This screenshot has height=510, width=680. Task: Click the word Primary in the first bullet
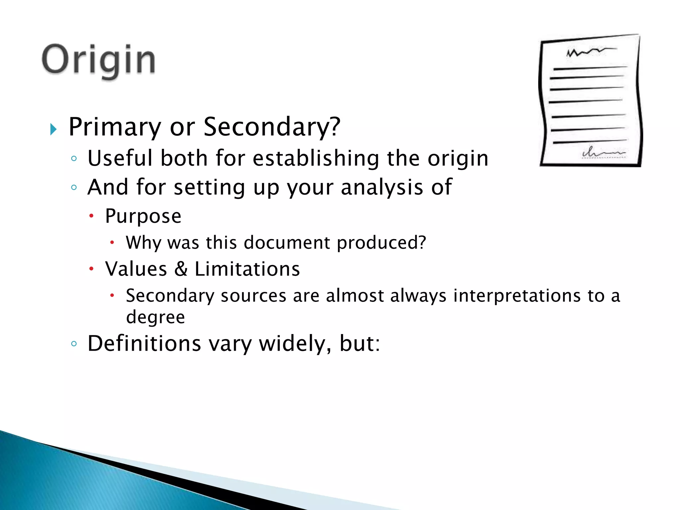115,127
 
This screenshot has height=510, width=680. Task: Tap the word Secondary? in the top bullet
272,127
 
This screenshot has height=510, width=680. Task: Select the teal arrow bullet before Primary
53,129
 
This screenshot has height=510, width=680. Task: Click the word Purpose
143,216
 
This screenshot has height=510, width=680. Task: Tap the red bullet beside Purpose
92,216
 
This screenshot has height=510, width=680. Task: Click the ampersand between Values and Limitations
181,269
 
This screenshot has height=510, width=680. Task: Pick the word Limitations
247,269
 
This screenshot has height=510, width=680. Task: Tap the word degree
155,317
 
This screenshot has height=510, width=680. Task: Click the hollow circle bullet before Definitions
74,344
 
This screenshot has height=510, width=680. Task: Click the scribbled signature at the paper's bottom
603,153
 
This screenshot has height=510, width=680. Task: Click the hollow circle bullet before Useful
74,158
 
